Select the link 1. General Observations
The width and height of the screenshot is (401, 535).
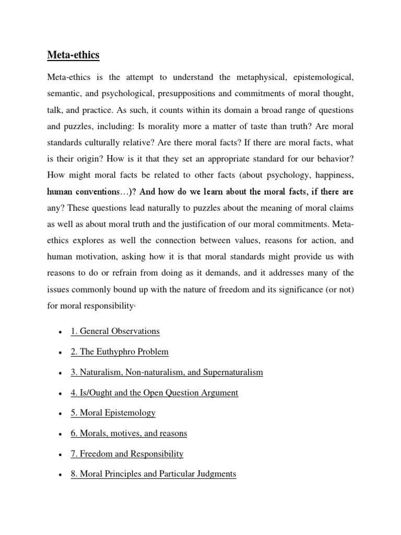pos(115,331)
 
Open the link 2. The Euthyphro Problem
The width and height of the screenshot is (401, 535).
pos(120,352)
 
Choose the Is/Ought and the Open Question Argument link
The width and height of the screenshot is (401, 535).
pos(154,392)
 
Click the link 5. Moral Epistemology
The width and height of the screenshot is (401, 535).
pos(113,413)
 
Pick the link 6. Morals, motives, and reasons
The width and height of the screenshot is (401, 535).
pos(128,433)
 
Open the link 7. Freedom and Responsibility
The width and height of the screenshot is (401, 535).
pos(127,453)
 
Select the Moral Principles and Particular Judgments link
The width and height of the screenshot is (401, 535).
pos(154,474)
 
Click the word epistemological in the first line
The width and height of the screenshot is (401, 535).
pos(321,77)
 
